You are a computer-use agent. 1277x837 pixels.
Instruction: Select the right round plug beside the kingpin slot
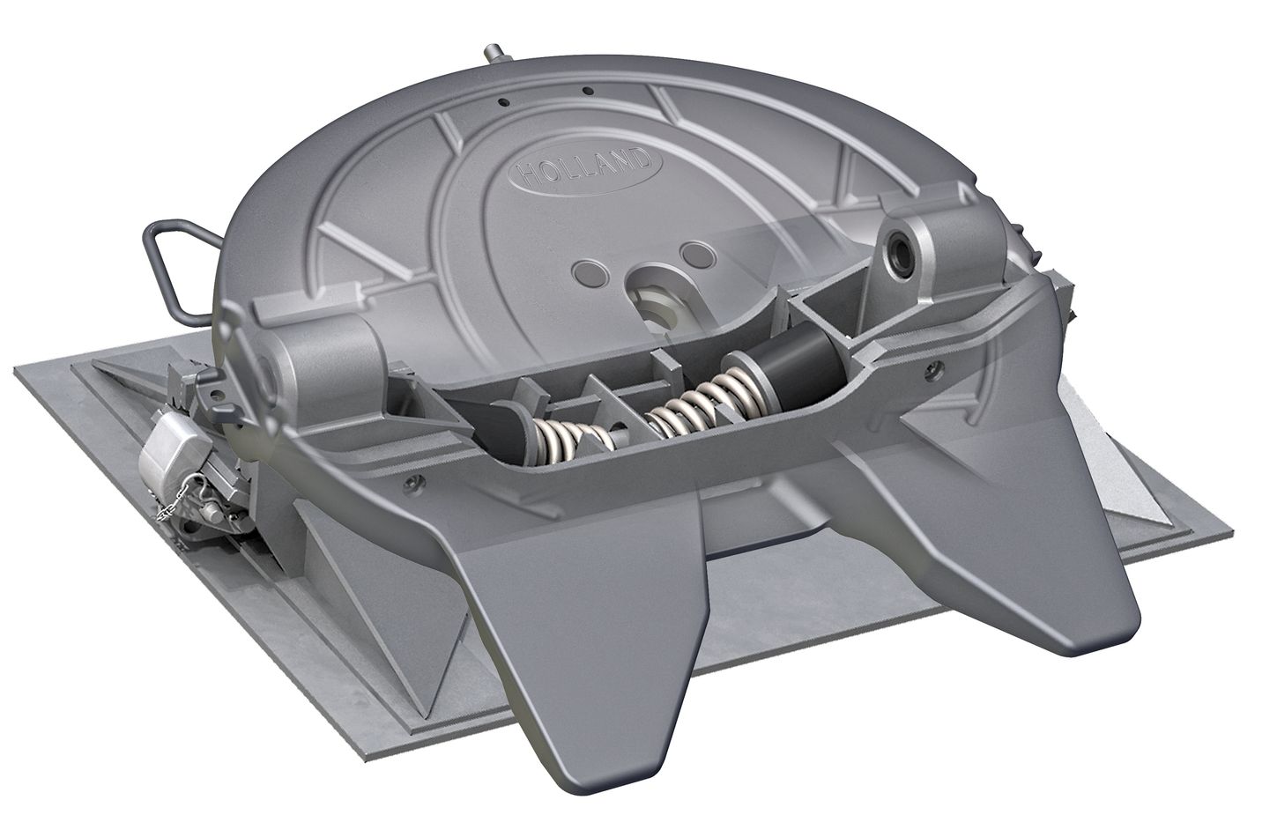click(x=696, y=256)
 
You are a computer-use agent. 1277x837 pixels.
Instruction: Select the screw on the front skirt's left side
click(x=410, y=482)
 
